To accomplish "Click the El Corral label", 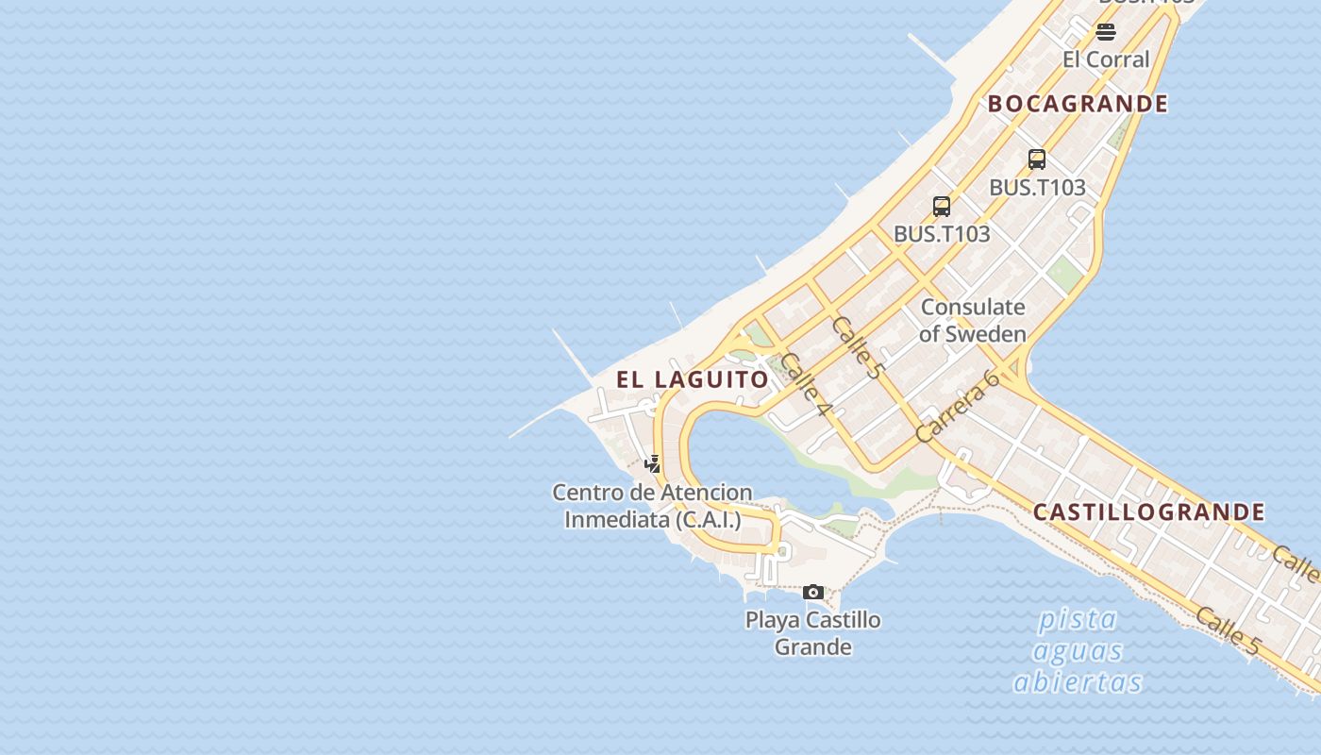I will click(1106, 59).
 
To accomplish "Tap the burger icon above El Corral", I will click(1106, 32).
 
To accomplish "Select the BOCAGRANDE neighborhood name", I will click(1078, 104).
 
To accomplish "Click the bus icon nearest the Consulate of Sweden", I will click(942, 207).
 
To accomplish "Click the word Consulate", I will click(972, 307).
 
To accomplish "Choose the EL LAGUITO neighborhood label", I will click(693, 379).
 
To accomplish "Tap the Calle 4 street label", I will click(807, 385).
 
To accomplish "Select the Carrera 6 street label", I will click(957, 407).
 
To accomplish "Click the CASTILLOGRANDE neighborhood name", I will click(1148, 512).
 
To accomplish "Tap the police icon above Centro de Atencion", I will click(652, 463).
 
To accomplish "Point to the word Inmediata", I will click(615, 519).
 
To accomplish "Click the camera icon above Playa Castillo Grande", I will click(813, 593).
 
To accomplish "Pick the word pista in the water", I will click(1078, 620).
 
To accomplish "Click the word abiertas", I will click(1078, 682).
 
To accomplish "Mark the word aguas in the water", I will click(1078, 651).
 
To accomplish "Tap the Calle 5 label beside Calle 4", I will click(856, 347).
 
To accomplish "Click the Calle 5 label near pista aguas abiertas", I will click(1227, 631).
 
